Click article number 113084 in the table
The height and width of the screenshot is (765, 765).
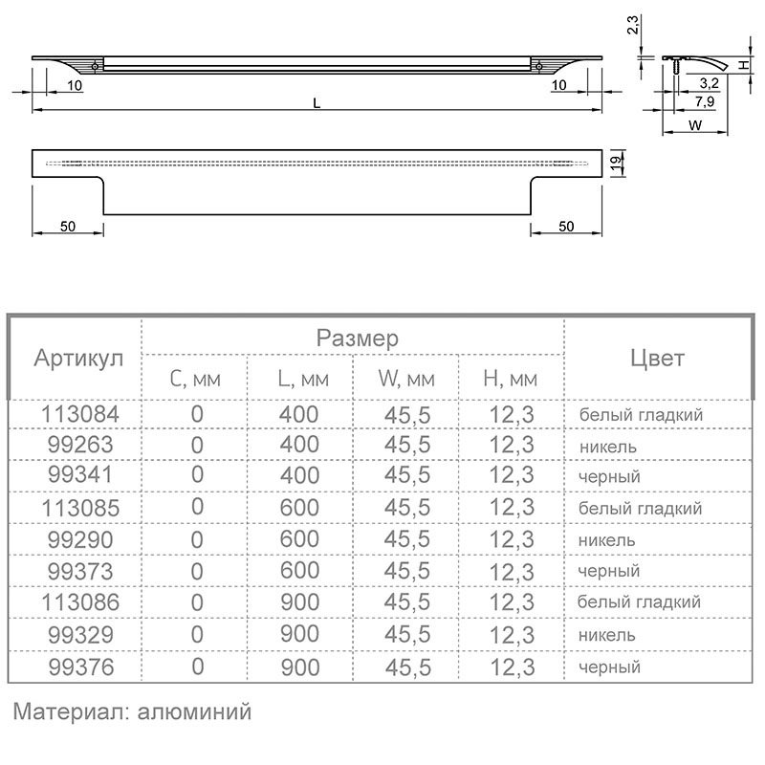pyautogui.click(x=80, y=415)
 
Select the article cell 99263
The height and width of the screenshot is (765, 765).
pyautogui.click(x=80, y=445)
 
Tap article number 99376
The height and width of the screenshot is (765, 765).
pyautogui.click(x=81, y=667)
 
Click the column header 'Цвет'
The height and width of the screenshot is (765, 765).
pyautogui.click(x=657, y=358)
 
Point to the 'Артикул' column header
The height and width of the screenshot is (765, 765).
pyautogui.click(x=78, y=359)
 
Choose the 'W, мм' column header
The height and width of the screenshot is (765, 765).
pyautogui.click(x=406, y=379)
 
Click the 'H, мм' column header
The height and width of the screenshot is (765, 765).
pyautogui.click(x=511, y=379)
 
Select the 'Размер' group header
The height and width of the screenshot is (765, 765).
pyautogui.click(x=357, y=339)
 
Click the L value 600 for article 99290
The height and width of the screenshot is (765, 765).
pyautogui.click(x=299, y=539)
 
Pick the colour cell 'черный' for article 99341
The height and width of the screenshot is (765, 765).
pyautogui.click(x=609, y=476)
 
